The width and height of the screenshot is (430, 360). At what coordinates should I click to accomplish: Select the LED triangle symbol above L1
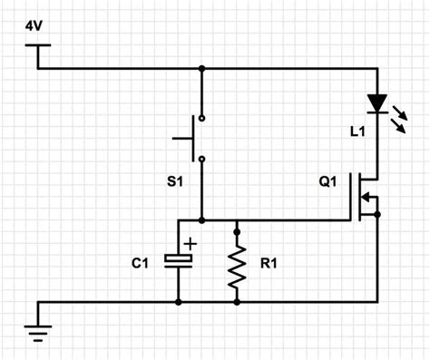376,102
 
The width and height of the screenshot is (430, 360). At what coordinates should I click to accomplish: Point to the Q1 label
327,181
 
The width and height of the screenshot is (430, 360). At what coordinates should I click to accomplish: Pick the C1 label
141,263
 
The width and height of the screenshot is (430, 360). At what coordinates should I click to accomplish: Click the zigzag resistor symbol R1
237,262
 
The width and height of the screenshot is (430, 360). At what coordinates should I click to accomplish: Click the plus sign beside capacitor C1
191,243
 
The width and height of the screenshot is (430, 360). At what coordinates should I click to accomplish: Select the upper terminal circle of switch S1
201,119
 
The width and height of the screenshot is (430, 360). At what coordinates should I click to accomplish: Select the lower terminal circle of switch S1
201,160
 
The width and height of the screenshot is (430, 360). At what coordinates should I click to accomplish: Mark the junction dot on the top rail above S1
201,68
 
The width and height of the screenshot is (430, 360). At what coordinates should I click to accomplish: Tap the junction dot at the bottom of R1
237,302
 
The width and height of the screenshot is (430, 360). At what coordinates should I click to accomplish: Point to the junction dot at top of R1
237,220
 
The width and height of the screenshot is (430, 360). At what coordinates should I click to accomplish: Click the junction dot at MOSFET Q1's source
376,214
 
